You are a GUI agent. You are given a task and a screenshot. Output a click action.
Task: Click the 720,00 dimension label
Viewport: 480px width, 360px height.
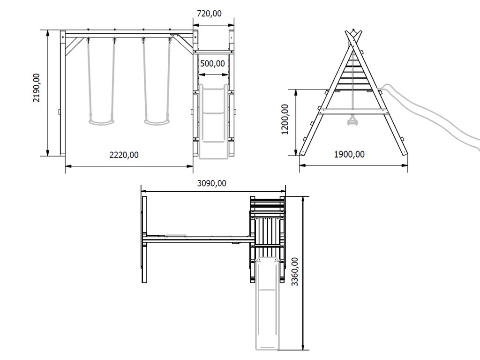(x=209, y=14)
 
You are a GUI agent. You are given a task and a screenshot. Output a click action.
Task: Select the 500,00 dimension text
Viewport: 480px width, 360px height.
(x=212, y=63)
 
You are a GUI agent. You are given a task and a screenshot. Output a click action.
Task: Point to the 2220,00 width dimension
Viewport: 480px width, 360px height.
(x=124, y=155)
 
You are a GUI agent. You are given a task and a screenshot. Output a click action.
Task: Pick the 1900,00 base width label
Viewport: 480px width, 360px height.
(x=349, y=155)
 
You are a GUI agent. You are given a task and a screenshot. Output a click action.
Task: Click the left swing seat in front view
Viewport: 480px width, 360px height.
(x=101, y=122)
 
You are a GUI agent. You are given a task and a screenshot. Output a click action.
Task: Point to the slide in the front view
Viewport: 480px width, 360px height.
(x=214, y=122)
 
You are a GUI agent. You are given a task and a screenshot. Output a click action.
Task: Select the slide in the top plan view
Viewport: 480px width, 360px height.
(x=267, y=305)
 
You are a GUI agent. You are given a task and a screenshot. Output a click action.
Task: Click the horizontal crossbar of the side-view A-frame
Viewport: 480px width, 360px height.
(x=352, y=112)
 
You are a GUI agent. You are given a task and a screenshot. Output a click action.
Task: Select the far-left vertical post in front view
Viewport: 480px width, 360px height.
(x=62, y=94)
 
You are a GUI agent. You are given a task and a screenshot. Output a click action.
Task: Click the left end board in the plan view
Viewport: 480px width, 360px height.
(x=144, y=240)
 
